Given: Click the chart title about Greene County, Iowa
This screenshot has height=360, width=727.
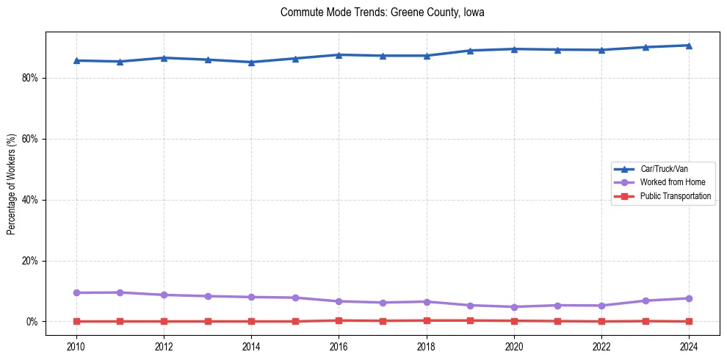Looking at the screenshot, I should click(x=382, y=12).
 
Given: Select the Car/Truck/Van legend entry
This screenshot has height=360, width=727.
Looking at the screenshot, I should click(x=664, y=169).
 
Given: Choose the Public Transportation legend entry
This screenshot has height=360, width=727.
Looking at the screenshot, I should click(x=675, y=196).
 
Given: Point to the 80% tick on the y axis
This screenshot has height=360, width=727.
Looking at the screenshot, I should click(x=30, y=78).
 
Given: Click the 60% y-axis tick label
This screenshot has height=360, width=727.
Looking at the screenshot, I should click(x=30, y=139).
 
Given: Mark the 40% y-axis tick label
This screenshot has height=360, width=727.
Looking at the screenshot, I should click(x=30, y=200).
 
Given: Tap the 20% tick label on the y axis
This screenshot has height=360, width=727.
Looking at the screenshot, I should click(x=30, y=261).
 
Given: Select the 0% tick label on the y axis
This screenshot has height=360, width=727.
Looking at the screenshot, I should click(x=32, y=322).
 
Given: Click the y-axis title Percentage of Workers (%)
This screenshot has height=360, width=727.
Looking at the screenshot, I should click(x=12, y=184).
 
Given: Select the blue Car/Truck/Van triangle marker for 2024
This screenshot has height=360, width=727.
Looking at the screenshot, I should click(x=689, y=46).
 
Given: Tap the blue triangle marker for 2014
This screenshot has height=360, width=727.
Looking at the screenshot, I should click(x=251, y=62).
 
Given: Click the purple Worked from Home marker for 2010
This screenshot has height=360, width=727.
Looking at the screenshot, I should click(x=76, y=293).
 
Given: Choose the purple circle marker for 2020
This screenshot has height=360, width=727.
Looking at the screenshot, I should click(x=514, y=307).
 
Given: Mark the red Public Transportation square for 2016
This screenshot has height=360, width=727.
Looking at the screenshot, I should click(x=339, y=320).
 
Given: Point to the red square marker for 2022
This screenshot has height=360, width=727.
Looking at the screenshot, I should click(x=601, y=321).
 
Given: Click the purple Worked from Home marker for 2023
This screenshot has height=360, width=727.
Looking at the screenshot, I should click(x=645, y=300).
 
